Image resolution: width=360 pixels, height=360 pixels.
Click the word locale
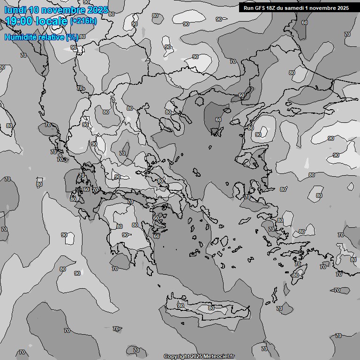click(52, 21)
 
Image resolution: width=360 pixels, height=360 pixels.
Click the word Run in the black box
click(248, 7)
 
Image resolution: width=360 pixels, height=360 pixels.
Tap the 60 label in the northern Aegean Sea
click(218, 120)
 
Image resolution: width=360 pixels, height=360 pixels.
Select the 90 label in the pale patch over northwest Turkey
click(258, 135)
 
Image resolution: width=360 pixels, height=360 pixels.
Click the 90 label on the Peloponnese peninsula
click(125, 235)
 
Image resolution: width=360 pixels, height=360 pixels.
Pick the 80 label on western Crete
click(181, 306)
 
